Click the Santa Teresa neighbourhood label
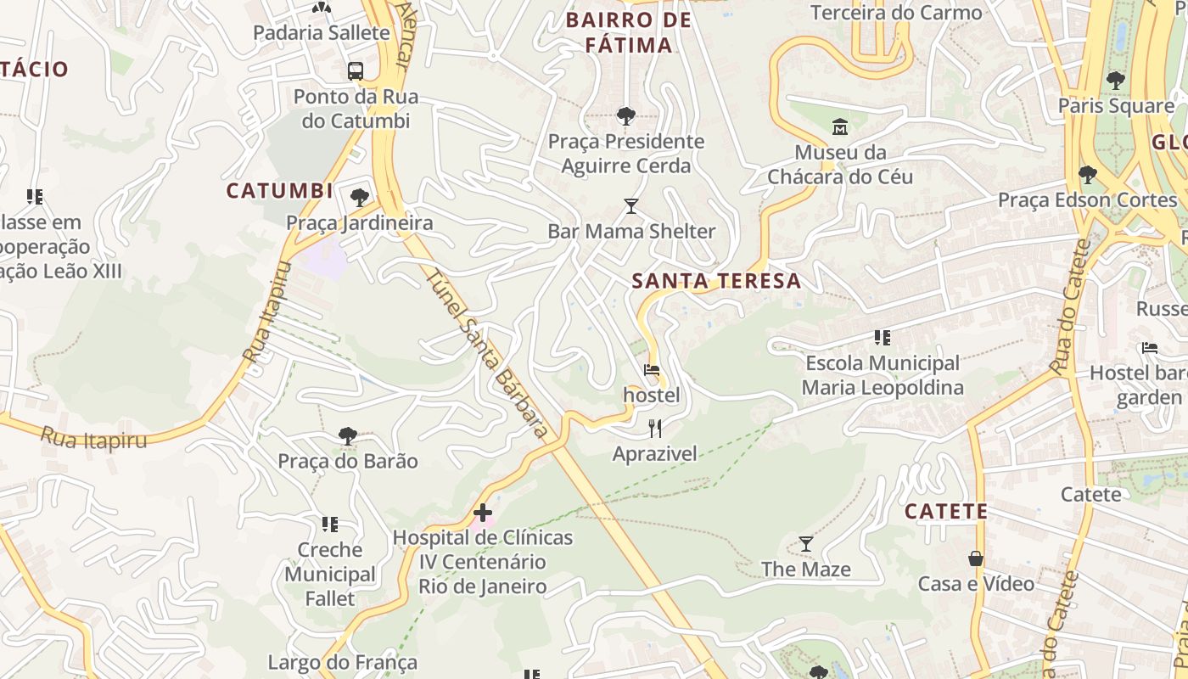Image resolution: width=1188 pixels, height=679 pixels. click(717, 281)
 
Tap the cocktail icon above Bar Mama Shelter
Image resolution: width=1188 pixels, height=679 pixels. click(630, 206)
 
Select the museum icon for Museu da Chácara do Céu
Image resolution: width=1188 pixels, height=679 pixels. click(840, 127)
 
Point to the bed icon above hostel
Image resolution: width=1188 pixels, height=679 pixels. click(652, 370)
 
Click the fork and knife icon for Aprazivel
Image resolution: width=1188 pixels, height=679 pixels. click(654, 428)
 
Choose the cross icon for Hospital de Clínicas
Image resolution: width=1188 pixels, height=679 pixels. click(483, 512)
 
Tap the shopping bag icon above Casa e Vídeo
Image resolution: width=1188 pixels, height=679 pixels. click(976, 558)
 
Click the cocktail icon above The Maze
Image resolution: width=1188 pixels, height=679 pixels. click(806, 543)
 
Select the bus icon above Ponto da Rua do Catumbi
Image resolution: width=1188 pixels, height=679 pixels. click(356, 71)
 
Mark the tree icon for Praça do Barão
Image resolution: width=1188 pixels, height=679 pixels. click(347, 436)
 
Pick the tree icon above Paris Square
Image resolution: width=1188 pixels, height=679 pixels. click(1115, 81)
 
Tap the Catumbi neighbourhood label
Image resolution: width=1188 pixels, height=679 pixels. click(279, 191)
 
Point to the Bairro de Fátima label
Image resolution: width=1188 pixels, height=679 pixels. click(628, 32)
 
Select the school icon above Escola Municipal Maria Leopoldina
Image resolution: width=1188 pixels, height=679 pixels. click(883, 338)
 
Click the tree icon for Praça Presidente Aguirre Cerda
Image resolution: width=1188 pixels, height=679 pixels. click(626, 115)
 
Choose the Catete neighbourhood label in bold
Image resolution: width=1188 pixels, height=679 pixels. click(945, 512)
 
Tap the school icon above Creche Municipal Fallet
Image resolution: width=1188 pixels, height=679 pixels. click(330, 525)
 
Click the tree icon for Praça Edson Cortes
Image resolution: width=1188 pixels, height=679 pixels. click(1087, 175)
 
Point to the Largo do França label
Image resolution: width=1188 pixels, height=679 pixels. click(343, 662)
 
